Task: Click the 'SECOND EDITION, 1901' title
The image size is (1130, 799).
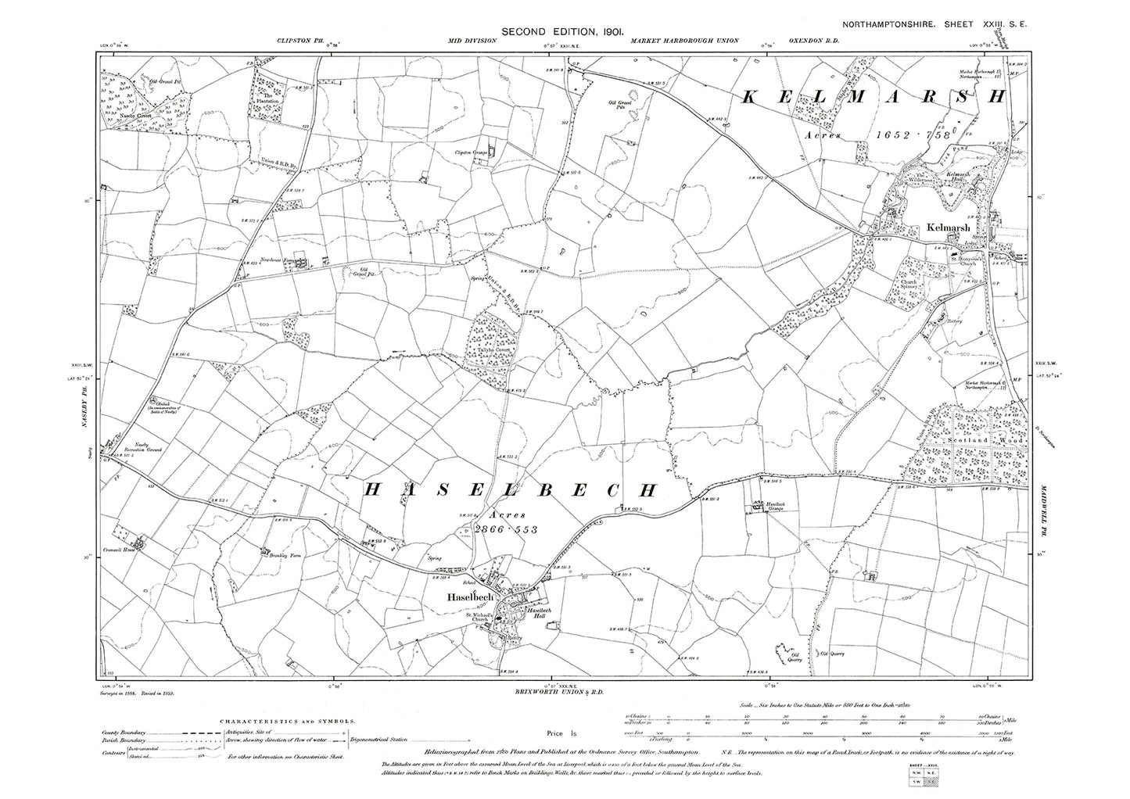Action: pyautogui.click(x=561, y=31)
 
